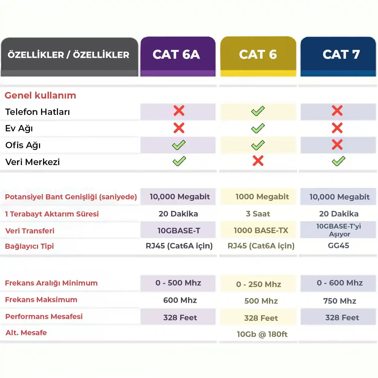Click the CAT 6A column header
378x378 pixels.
176,55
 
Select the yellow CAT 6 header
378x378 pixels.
258,55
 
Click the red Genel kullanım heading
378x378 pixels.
40,96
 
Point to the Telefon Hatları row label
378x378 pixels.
38,112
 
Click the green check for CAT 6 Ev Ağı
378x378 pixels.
258,128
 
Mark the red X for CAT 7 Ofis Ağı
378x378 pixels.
337,145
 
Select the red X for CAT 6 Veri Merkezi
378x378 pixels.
258,161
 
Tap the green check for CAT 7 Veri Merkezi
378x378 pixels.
338,161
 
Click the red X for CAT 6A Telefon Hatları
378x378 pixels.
179,111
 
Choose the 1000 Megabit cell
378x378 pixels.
262,197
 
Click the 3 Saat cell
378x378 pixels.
258,214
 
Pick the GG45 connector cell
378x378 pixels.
338,245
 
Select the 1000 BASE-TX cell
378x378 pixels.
261,230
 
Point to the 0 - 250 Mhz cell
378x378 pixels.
259,284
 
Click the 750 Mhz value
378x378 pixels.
340,301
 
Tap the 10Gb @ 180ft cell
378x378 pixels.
262,334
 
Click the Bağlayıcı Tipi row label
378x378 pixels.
29,246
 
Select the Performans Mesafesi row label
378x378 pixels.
44,317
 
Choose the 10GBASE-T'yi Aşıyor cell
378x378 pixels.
339,230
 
